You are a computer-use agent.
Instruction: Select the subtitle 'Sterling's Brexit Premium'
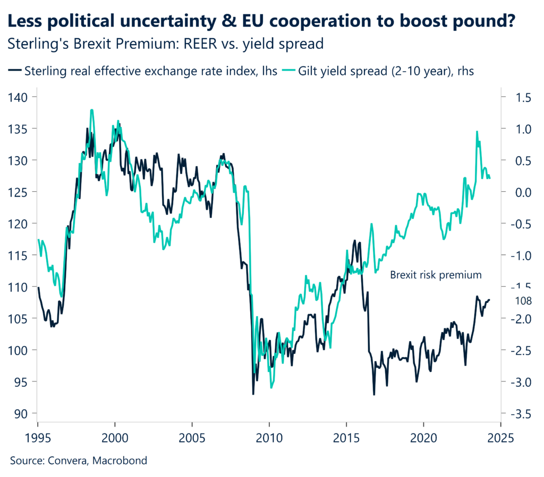pyautogui.click(x=166, y=44)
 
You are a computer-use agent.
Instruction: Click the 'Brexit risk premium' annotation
pyautogui.click(x=436, y=275)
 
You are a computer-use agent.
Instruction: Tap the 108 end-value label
pyautogui.click(x=524, y=300)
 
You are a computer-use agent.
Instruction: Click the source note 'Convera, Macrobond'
pyautogui.click(x=78, y=461)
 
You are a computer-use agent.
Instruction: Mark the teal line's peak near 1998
pyautogui.click(x=92, y=110)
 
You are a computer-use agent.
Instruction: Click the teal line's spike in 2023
pyautogui.click(x=477, y=131)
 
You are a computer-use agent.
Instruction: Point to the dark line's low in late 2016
pyautogui.click(x=374, y=395)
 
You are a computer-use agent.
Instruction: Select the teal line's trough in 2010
pyautogui.click(x=271, y=388)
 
